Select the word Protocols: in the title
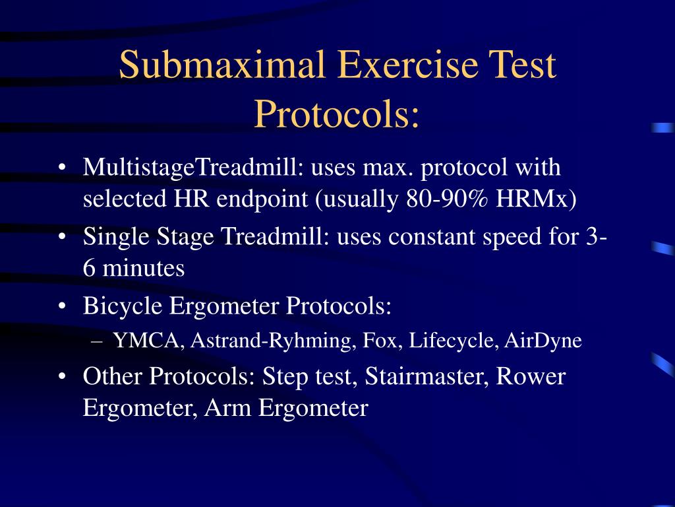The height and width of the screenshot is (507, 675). pos(337,114)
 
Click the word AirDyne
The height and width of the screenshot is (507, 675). pos(543,341)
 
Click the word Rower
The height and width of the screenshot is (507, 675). pos(531,377)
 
